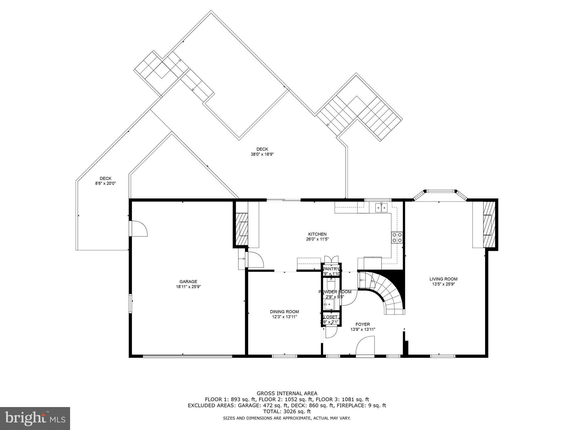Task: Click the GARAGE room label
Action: (x=188, y=282)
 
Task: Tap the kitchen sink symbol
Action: (x=381, y=207)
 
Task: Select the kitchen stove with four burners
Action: (x=397, y=237)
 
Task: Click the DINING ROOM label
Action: (x=284, y=312)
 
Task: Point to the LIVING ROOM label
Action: (x=443, y=279)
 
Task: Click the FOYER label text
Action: (x=363, y=324)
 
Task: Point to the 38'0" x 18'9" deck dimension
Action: (x=262, y=154)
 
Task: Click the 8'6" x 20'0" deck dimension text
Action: (x=105, y=183)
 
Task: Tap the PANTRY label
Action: (x=331, y=269)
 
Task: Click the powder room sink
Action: (x=328, y=303)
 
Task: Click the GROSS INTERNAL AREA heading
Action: (x=287, y=393)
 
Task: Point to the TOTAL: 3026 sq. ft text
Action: (x=287, y=412)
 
